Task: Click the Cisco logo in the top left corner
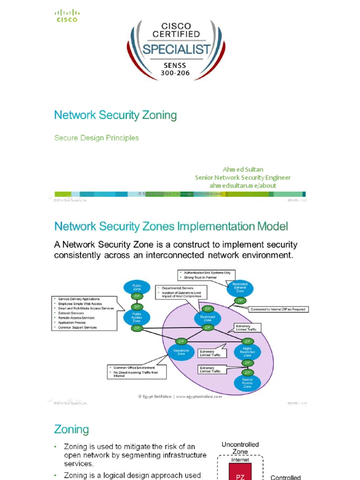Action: coord(67,16)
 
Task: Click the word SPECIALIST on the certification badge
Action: coord(176,49)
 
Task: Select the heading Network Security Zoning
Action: coord(115,115)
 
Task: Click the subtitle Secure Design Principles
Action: coord(97,138)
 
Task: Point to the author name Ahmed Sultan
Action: coord(243,169)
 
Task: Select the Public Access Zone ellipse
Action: coord(136,317)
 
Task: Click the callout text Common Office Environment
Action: coord(133,368)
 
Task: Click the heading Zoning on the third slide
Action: coord(71,429)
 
